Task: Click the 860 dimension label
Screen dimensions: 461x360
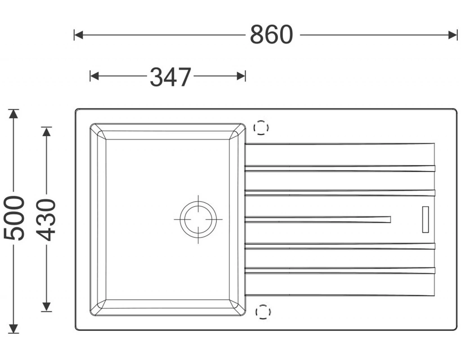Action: click(271, 35)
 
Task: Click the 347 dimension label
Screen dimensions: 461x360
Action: click(171, 76)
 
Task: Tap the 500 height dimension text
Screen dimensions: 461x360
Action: click(14, 218)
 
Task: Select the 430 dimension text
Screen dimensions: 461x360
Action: click(46, 220)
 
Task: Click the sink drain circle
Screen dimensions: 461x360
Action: click(199, 219)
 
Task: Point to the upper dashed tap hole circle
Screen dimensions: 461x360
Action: click(261, 127)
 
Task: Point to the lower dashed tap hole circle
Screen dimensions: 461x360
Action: click(263, 312)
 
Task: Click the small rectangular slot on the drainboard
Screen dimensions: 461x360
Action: click(425, 220)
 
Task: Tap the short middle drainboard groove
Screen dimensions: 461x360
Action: click(318, 219)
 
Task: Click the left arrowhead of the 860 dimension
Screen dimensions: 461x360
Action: click(78, 35)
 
